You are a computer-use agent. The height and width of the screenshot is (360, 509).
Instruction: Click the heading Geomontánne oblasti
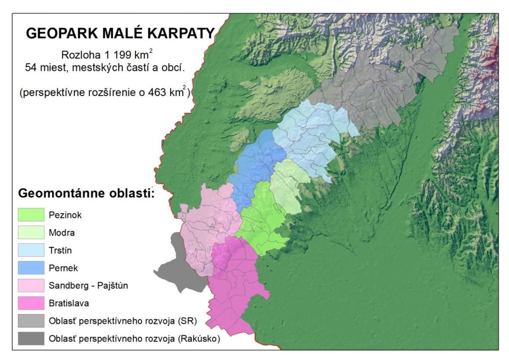click(x=86, y=193)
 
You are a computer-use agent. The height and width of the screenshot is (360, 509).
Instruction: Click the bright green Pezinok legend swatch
click(x=31, y=214)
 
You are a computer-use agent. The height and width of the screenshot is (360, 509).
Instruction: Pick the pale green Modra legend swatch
click(x=31, y=232)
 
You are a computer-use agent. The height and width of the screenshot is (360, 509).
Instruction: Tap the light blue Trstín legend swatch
click(x=31, y=250)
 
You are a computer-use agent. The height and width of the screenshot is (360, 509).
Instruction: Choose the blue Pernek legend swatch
click(x=31, y=267)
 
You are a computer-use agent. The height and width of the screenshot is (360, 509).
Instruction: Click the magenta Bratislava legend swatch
click(x=31, y=303)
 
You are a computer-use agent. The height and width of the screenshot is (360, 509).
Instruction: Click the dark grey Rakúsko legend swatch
click(x=31, y=338)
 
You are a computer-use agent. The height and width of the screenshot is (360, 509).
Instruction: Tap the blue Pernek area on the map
click(x=257, y=162)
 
